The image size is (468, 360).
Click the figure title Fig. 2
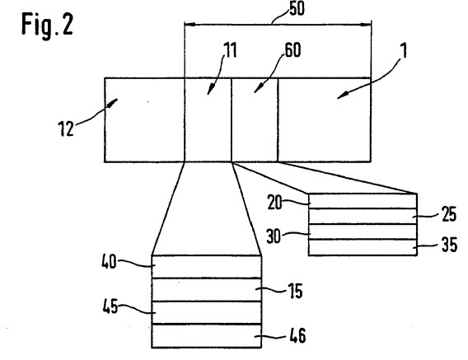47,26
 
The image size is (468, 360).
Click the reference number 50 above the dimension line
297,8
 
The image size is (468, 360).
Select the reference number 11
231,50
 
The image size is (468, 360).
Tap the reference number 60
292,50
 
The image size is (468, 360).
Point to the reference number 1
404,50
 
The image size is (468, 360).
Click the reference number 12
66,129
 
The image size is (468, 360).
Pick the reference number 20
274,203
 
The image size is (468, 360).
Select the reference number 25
449,214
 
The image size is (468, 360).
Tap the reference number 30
274,236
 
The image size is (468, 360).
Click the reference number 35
449,245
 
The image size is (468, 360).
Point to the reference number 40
109,261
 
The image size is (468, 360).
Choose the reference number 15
296,291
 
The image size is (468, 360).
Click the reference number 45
110,306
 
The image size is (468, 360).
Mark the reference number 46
297,335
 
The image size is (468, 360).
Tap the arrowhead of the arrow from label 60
256,90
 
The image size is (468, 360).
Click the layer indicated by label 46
207,336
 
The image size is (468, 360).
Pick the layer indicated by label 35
363,247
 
